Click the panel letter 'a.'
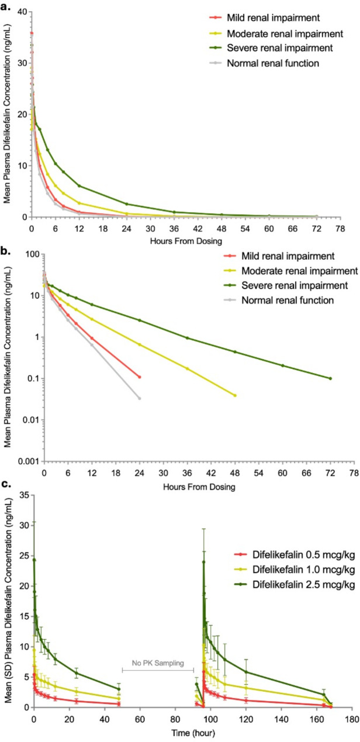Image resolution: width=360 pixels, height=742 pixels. coord(6,6)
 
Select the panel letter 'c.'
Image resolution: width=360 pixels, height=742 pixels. coord(6,484)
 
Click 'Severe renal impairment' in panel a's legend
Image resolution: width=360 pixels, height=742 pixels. coord(279,48)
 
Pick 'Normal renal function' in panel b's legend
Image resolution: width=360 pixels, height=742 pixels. coord(288,300)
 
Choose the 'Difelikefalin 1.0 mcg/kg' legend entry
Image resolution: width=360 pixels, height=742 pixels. coord(303,570)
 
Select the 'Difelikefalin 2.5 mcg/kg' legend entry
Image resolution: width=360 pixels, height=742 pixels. coord(303,584)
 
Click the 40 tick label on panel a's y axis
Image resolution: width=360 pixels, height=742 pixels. coord(23,12)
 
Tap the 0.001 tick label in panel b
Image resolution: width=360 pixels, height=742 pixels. coord(29,461)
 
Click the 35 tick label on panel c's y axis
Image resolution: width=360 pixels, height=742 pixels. coord(25,495)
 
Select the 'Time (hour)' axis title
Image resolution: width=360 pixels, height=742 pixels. coord(193,733)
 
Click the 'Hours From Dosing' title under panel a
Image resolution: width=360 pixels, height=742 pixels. coord(186,241)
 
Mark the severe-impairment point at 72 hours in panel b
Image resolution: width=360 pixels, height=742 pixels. coord(330,378)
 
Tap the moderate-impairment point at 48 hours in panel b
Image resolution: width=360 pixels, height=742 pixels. coord(235,395)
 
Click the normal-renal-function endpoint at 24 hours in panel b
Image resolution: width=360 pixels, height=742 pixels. coord(140,398)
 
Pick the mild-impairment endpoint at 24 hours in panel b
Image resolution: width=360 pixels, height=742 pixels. coord(140,377)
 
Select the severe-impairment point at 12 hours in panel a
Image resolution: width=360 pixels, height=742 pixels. coord(79,186)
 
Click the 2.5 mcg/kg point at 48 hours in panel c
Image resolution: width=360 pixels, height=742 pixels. coord(119,689)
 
